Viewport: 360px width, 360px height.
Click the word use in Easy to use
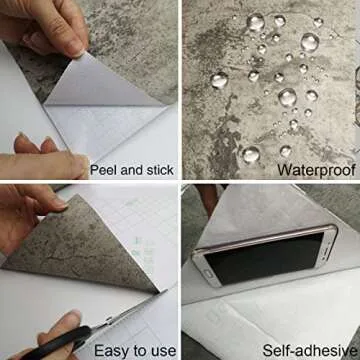click(x=160, y=349)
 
